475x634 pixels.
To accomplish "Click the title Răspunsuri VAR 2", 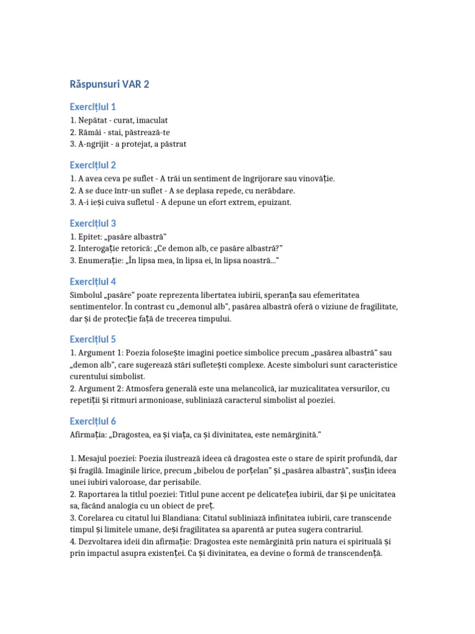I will coord(109,84).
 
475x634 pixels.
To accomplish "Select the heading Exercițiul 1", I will coord(93,106).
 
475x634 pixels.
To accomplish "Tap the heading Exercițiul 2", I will coord(93,165).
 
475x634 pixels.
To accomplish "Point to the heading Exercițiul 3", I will coord(93,223).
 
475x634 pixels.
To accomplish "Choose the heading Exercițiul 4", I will coord(93,281).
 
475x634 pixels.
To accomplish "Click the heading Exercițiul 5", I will coord(93,339).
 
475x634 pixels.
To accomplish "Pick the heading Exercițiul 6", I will coord(93,421).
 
